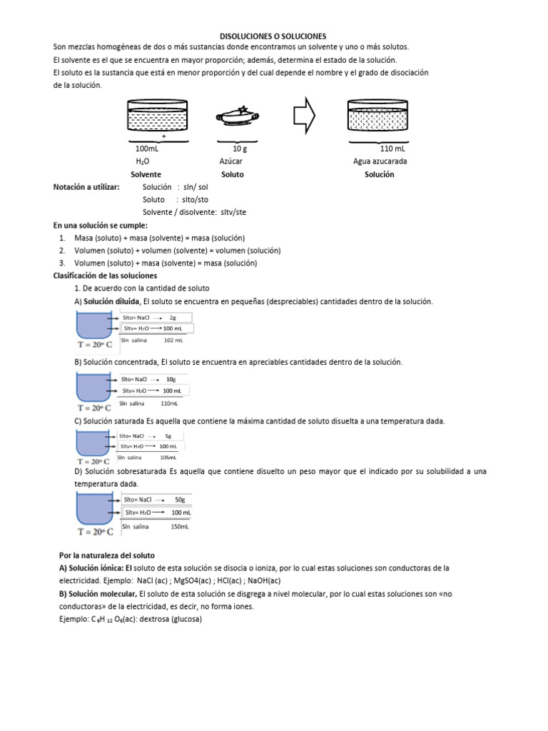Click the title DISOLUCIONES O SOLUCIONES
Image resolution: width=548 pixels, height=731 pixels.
point(273,36)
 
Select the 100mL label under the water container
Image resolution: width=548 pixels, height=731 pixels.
point(147,149)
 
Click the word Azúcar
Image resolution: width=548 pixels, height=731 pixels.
point(231,161)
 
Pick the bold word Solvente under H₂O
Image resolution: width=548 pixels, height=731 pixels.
point(146,174)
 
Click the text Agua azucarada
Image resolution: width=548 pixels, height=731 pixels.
point(380,161)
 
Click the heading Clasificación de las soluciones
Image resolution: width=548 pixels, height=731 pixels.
point(106,276)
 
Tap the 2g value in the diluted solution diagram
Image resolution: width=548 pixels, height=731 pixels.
point(173,317)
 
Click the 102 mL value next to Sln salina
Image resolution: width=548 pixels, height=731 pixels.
point(174,341)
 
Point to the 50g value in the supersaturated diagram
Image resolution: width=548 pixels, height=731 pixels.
point(180,500)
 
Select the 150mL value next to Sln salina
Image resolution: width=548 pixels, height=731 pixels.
point(180,526)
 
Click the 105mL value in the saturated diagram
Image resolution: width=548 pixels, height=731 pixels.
point(168,457)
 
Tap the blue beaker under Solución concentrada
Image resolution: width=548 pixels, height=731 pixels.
point(91,387)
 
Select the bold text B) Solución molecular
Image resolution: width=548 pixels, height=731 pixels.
point(98,594)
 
